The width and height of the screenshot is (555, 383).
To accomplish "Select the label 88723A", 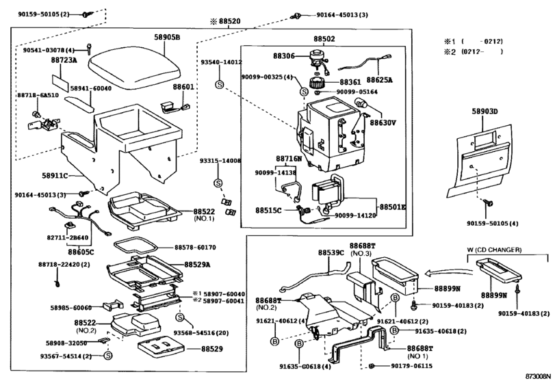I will pyautogui.click(x=64, y=60).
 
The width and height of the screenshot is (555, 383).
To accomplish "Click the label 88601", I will pyautogui.click(x=183, y=87).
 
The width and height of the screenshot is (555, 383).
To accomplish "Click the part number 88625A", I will pyautogui.click(x=379, y=79).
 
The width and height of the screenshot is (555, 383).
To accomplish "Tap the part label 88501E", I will pyautogui.click(x=393, y=207).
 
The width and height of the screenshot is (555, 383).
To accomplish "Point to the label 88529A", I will pyautogui.click(x=198, y=264).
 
